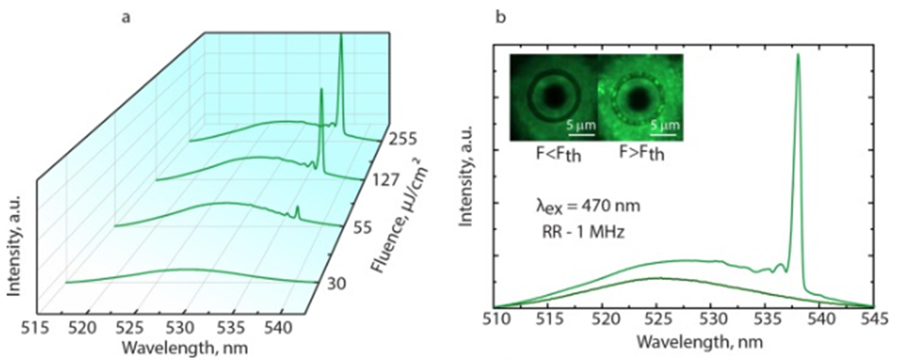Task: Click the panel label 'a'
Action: (126, 18)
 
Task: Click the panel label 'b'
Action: (501, 18)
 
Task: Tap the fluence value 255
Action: (403, 139)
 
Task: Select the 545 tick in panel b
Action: (874, 319)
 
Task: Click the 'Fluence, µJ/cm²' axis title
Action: (398, 219)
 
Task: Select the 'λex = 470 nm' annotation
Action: (587, 206)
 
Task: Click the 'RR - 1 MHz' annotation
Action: (583, 231)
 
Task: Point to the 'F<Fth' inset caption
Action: (558, 154)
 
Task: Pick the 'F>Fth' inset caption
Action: (641, 154)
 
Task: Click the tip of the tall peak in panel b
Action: (798, 54)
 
